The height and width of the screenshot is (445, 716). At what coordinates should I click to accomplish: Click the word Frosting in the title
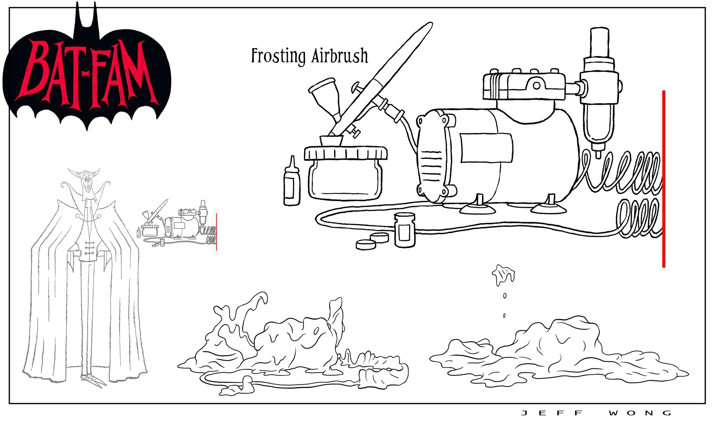[x=278, y=56]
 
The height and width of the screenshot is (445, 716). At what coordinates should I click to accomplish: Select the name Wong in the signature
[x=640, y=413]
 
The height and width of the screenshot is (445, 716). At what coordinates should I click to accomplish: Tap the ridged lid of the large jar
[x=346, y=153]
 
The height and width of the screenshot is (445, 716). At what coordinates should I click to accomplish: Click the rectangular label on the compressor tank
[x=486, y=148]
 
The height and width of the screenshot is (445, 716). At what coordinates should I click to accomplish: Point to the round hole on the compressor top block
[x=536, y=86]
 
